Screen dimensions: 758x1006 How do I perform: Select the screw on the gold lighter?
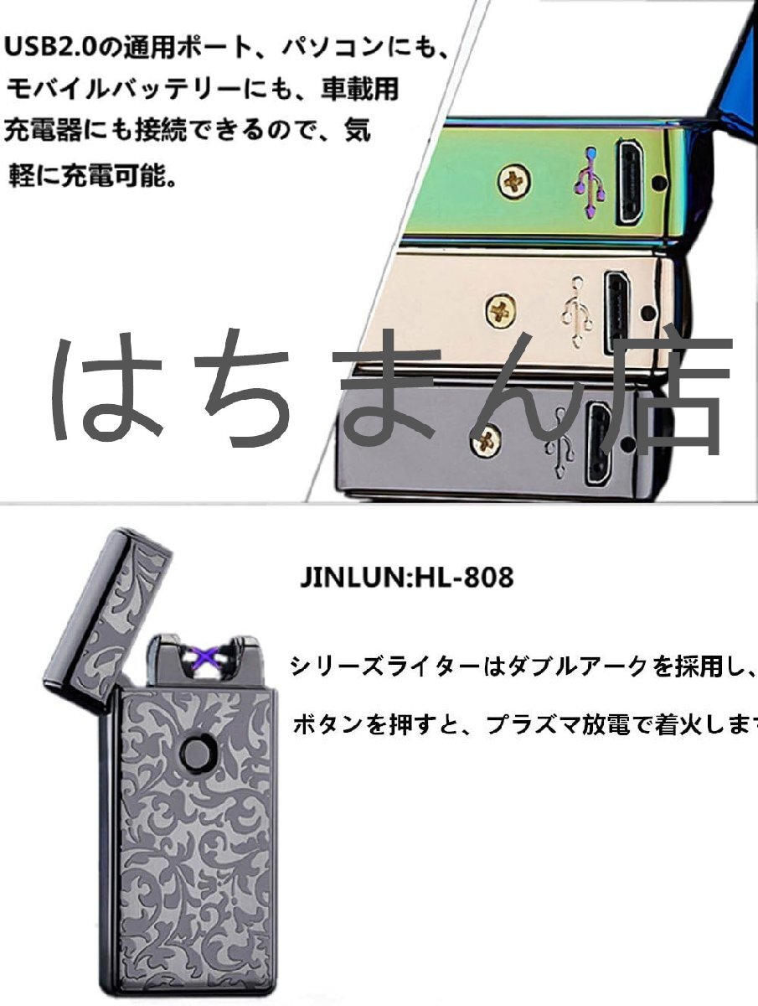500,312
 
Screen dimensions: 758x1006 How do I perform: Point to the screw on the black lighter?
486,439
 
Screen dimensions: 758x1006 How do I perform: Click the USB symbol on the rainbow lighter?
589,178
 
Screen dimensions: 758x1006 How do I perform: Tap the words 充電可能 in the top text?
121,177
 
